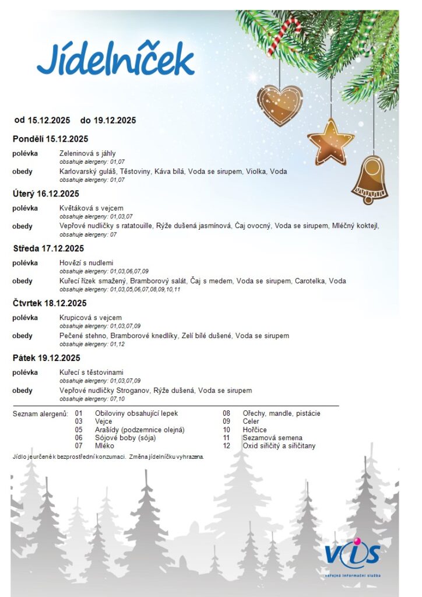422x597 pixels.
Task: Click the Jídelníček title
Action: click(115, 59)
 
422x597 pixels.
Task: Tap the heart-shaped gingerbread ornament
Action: click(280, 105)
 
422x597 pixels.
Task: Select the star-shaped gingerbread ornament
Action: click(330, 142)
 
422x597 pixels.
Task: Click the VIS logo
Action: click(353, 557)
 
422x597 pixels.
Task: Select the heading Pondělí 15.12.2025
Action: click(50, 139)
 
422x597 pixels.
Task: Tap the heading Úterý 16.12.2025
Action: click(45, 194)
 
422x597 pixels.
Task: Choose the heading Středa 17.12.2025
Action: click(48, 248)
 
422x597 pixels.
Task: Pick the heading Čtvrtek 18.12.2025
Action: click(50, 303)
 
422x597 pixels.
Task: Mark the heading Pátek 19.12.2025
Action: click(46, 358)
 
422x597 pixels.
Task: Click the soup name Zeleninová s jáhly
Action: click(87, 153)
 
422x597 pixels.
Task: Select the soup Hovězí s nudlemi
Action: click(86, 263)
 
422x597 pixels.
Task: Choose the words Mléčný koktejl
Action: click(357, 226)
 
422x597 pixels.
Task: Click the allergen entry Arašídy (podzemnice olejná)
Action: click(139, 430)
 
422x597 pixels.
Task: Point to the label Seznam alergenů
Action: click(40, 413)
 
